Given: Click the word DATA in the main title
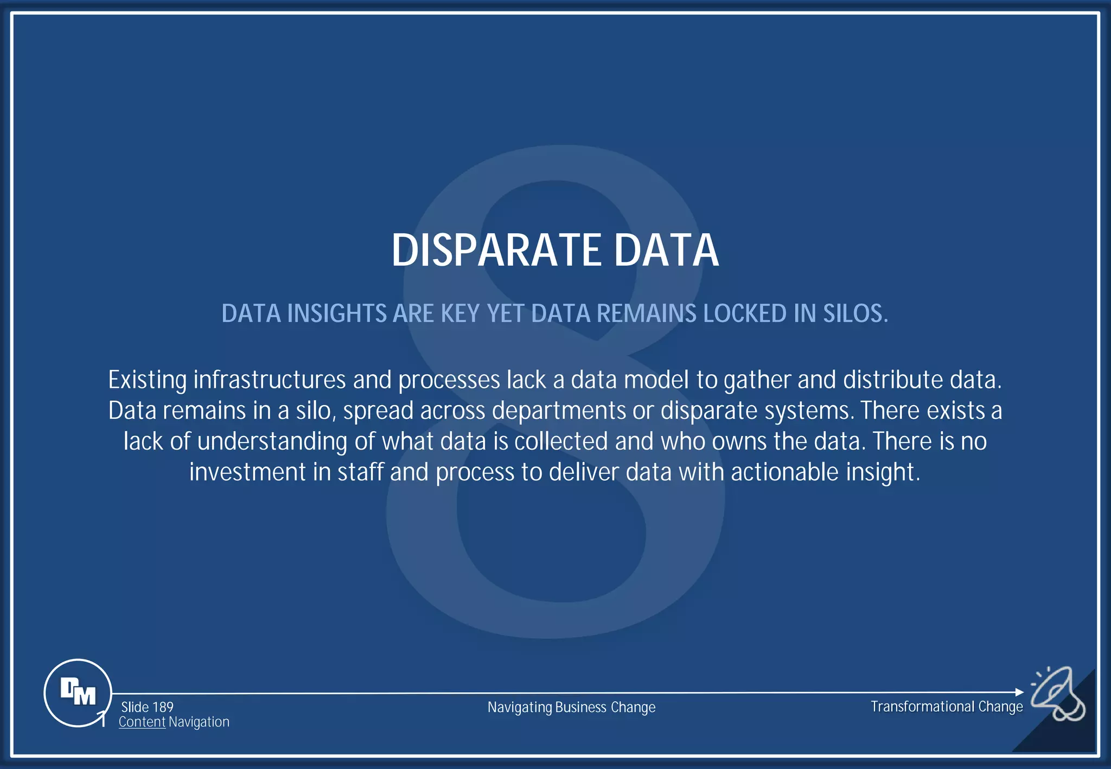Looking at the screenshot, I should pos(666,250).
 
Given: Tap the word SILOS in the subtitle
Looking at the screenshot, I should pos(855,313).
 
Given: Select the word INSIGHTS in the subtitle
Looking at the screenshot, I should pos(336,313).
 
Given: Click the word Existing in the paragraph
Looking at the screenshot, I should pos(148,380).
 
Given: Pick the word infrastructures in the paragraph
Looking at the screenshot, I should pos(270,380).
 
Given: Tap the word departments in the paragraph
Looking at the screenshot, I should pos(559,411).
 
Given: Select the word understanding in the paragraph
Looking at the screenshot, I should pos(272,441).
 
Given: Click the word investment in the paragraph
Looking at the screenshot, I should pos(247,472).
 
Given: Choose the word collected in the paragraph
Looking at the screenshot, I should pos(561,441).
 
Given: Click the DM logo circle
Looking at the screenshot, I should pos(78,693).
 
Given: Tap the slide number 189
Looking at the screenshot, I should pos(163,707).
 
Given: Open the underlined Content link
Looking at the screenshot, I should pos(142,722).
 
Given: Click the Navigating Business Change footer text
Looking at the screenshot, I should pos(571,707).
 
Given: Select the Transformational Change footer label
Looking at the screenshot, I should pos(947,707).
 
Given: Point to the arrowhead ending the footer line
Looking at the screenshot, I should pos(1019,692).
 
